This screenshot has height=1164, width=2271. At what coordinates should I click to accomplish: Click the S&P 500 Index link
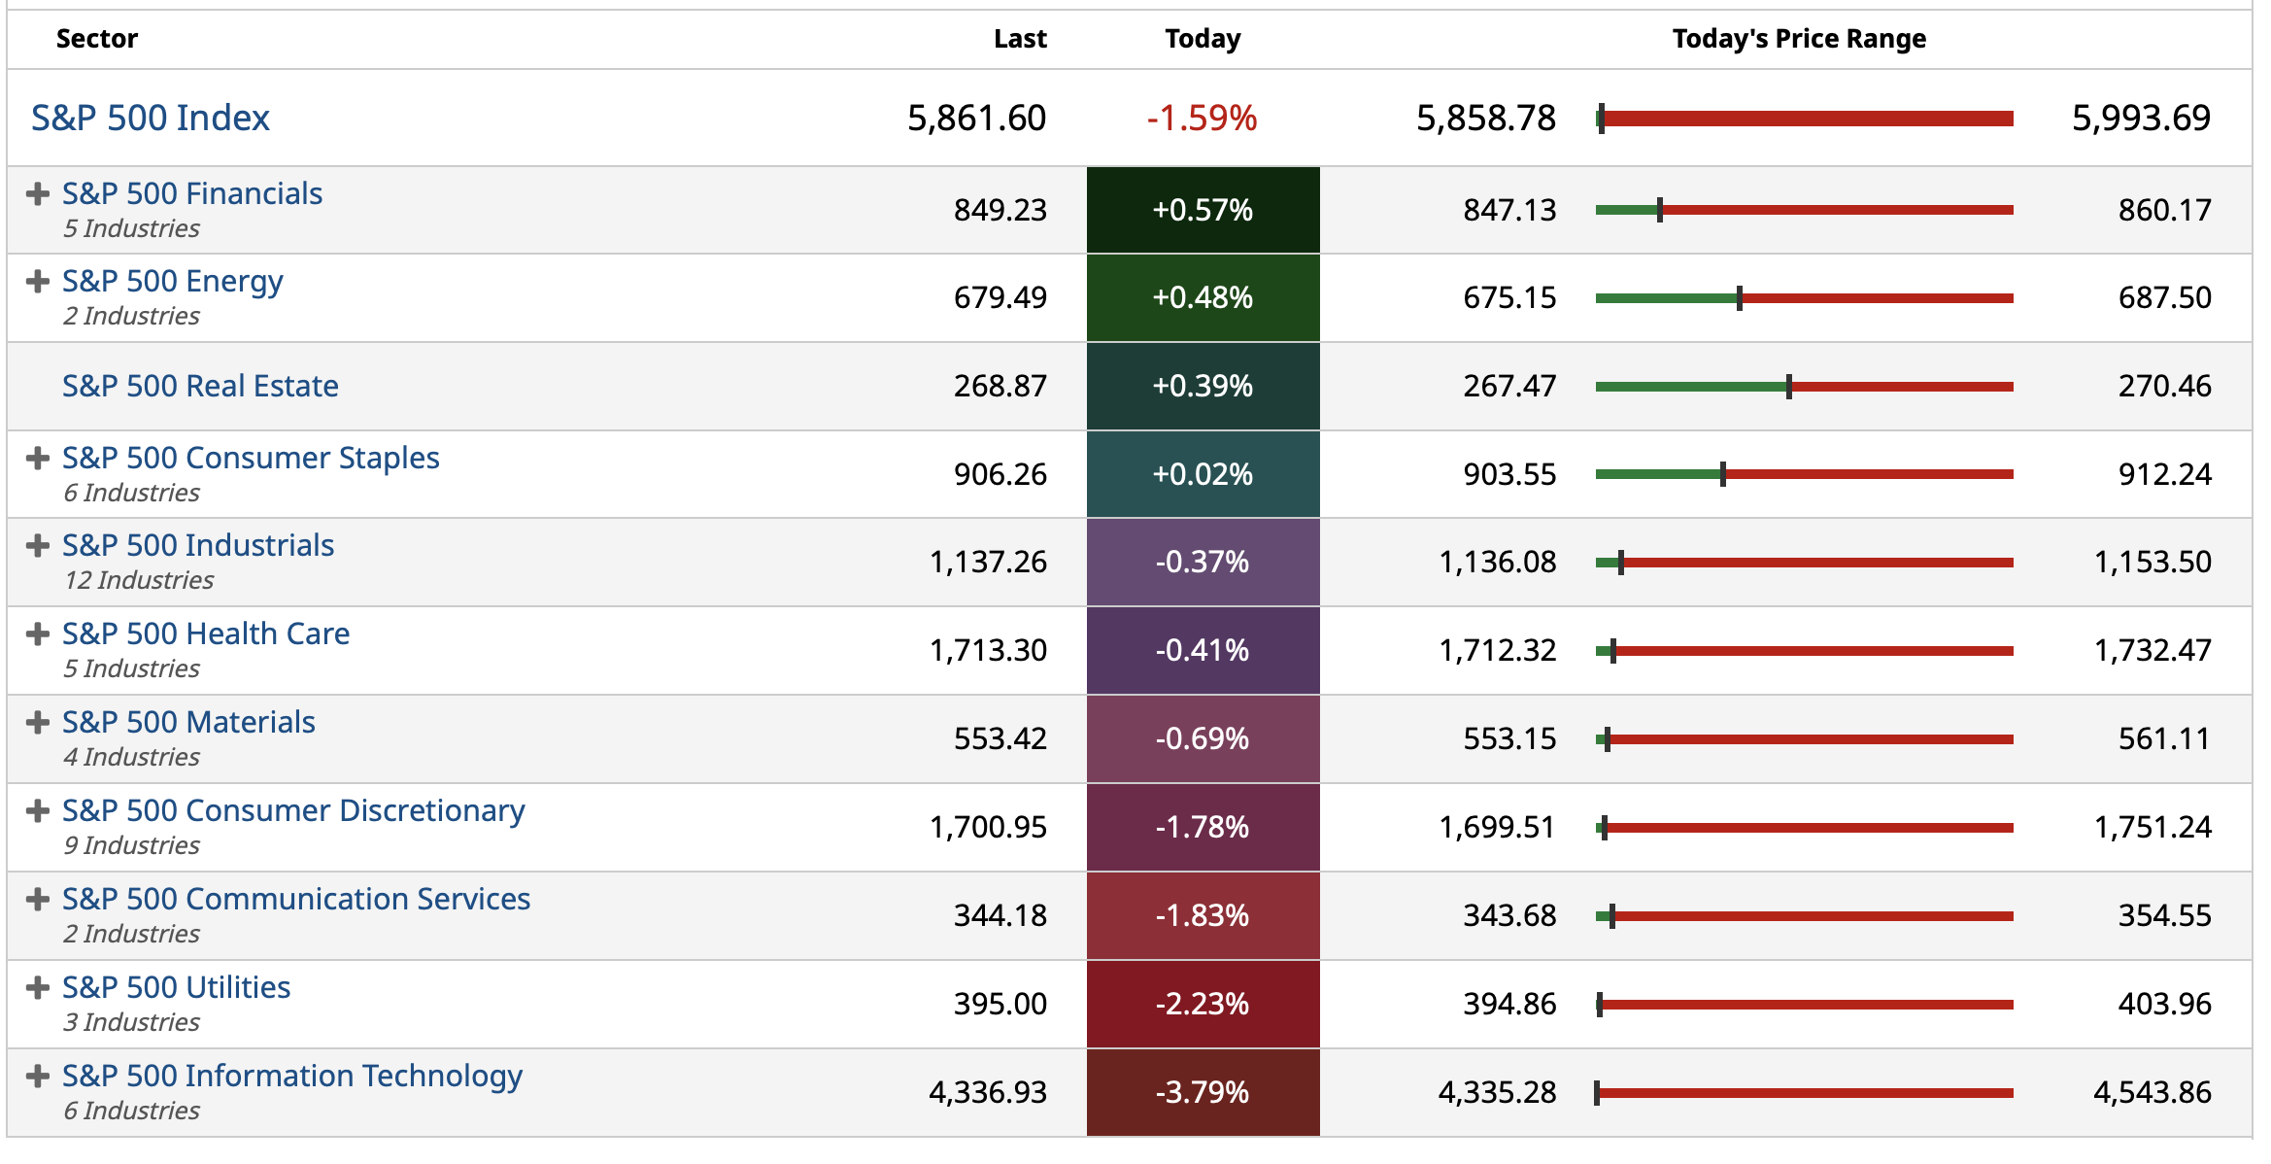tap(150, 118)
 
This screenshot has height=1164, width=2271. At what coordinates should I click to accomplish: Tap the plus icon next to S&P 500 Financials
tap(38, 194)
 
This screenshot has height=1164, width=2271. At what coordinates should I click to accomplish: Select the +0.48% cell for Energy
tap(1203, 297)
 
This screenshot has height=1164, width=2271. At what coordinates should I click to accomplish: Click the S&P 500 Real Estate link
tap(200, 386)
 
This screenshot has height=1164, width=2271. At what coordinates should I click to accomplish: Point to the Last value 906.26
tap(1000, 474)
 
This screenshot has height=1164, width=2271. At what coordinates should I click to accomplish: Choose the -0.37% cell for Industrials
tap(1203, 562)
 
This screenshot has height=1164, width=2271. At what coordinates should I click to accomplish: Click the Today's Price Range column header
tap(1799, 39)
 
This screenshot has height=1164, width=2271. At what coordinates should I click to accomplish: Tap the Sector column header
tap(97, 39)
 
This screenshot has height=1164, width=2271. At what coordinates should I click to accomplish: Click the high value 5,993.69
tap(2141, 119)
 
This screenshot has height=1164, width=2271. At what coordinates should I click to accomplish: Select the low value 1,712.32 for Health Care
tap(1497, 650)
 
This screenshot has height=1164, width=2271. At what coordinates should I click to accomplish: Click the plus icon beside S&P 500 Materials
tap(38, 723)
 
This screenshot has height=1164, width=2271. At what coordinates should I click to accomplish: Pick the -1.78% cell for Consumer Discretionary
tap(1203, 827)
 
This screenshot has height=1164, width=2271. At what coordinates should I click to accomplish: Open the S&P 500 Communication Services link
tap(296, 899)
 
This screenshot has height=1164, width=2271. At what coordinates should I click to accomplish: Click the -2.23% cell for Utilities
tap(1203, 1004)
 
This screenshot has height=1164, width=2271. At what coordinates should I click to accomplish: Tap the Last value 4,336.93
tap(988, 1092)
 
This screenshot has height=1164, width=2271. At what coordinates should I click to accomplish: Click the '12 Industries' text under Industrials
tap(139, 580)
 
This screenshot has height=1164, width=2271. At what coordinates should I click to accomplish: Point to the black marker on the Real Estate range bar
tap(1788, 387)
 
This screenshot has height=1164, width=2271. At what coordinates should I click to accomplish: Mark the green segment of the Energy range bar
tap(1666, 298)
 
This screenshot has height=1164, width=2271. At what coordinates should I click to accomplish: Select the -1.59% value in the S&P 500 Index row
tap(1202, 119)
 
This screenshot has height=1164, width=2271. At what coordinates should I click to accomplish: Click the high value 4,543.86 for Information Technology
tap(2152, 1092)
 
